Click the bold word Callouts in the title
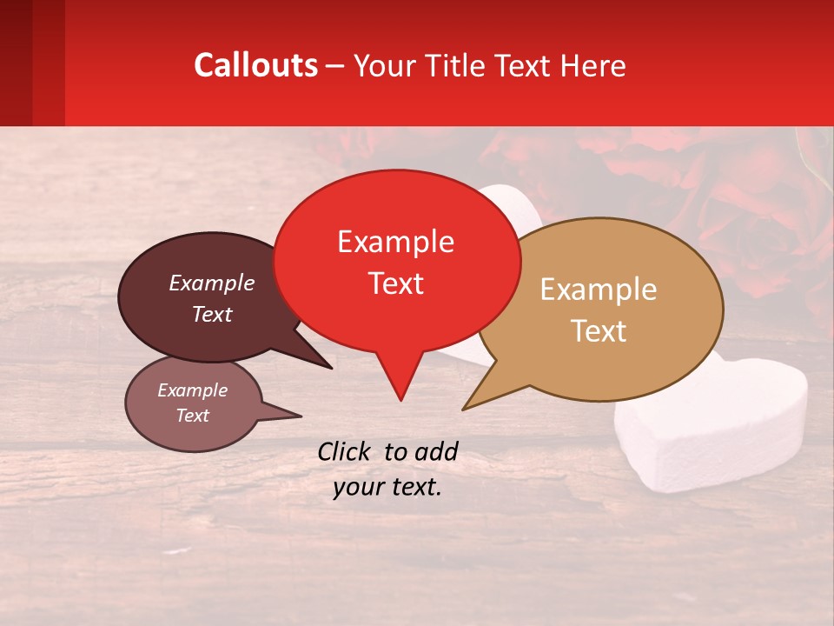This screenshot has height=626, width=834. coord(255,65)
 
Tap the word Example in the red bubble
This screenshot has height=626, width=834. coord(395,242)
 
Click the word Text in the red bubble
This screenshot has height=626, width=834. coord(395,283)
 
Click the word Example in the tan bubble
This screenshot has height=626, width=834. coord(599,290)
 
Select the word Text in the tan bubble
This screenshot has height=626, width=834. coord(599,331)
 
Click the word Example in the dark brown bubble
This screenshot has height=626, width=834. coord(211,283)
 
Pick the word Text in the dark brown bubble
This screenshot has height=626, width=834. coord(211,314)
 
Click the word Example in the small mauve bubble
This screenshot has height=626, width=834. coord(192,390)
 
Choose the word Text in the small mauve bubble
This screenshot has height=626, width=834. coord(192,416)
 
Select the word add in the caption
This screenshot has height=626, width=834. coord(435,451)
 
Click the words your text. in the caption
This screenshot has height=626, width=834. coord(387,487)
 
